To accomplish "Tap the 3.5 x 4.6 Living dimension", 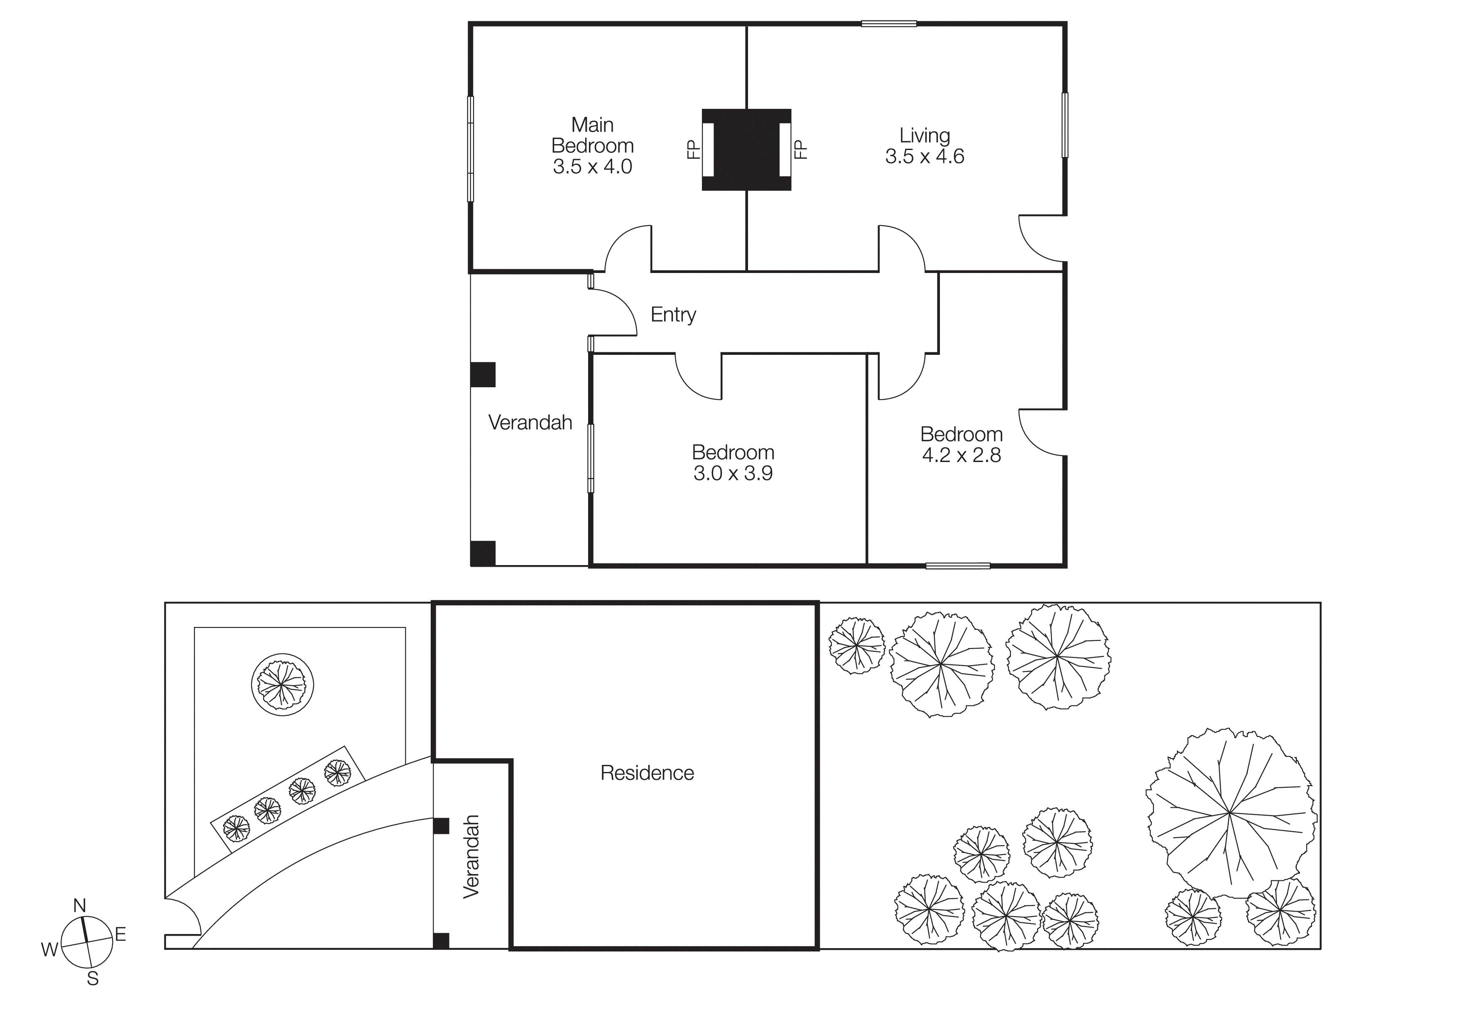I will tap(924, 157).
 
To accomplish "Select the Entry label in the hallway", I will tap(673, 315).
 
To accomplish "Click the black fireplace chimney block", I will tap(746, 150).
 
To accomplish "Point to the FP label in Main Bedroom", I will tap(693, 150).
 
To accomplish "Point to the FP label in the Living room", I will tap(801, 150).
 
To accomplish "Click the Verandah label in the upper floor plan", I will tap(530, 423).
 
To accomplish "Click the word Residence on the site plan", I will tap(647, 773).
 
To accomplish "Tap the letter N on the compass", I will tap(79, 906).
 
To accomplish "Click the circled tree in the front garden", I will tap(282, 685).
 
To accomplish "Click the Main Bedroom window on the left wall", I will tap(470, 148).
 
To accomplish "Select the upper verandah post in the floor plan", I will tap(482, 374).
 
